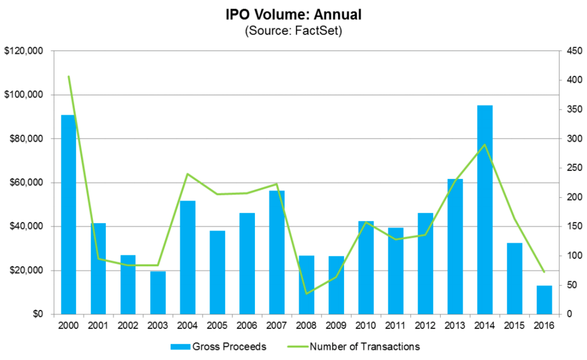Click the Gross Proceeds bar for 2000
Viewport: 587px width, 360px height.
[x=68, y=214]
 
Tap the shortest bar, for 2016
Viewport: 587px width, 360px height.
[x=544, y=300]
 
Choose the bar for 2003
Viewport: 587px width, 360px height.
[x=158, y=293]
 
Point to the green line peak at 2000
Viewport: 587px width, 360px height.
[x=69, y=76]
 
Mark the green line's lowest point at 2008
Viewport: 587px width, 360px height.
[x=306, y=293]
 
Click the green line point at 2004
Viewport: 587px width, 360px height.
[x=187, y=174]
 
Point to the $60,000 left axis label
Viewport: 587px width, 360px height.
[x=27, y=183]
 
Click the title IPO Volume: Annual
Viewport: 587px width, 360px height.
[x=293, y=15]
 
